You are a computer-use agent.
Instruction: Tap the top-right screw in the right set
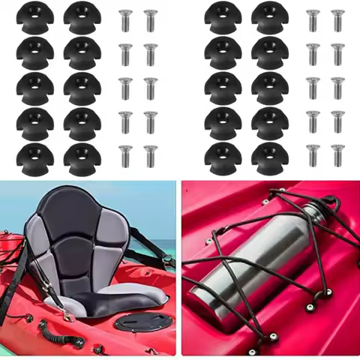point(337,19)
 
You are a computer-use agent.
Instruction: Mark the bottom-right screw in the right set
point(337,154)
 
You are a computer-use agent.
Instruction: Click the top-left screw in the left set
point(125,19)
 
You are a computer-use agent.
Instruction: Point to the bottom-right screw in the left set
point(151,154)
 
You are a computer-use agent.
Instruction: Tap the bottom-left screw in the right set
point(313,154)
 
